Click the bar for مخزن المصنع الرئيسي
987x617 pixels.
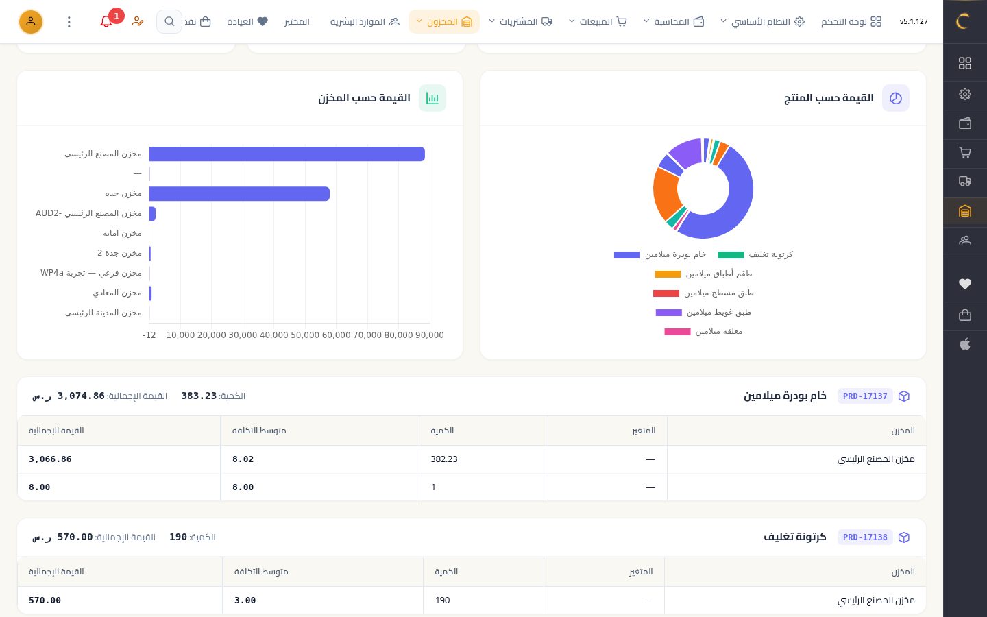pyautogui.click(x=287, y=154)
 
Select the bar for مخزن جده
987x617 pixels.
pyautogui.click(x=239, y=193)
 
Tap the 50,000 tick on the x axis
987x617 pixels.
pyautogui.click(x=305, y=335)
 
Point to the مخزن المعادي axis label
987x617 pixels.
pyautogui.click(x=117, y=293)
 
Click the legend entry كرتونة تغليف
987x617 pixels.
pyautogui.click(x=755, y=255)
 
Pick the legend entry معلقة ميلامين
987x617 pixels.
pyautogui.click(x=703, y=331)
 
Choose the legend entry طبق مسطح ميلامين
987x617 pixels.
pyautogui.click(x=703, y=293)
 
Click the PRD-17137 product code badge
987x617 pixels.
pyautogui.click(x=865, y=396)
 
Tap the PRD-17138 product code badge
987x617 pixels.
pyautogui.click(x=865, y=537)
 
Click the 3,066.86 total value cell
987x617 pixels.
pyautogui.click(x=50, y=459)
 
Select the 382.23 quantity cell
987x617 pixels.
pyautogui.click(x=444, y=459)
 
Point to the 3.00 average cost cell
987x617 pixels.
pyautogui.click(x=245, y=601)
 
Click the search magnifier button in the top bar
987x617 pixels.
pyautogui.click(x=169, y=21)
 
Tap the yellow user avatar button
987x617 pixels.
pyautogui.click(x=31, y=22)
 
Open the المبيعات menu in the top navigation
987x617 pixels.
pyautogui.click(x=598, y=22)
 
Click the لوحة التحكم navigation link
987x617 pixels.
pyautogui.click(x=851, y=22)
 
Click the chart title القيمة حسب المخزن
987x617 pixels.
pyautogui.click(x=364, y=98)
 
